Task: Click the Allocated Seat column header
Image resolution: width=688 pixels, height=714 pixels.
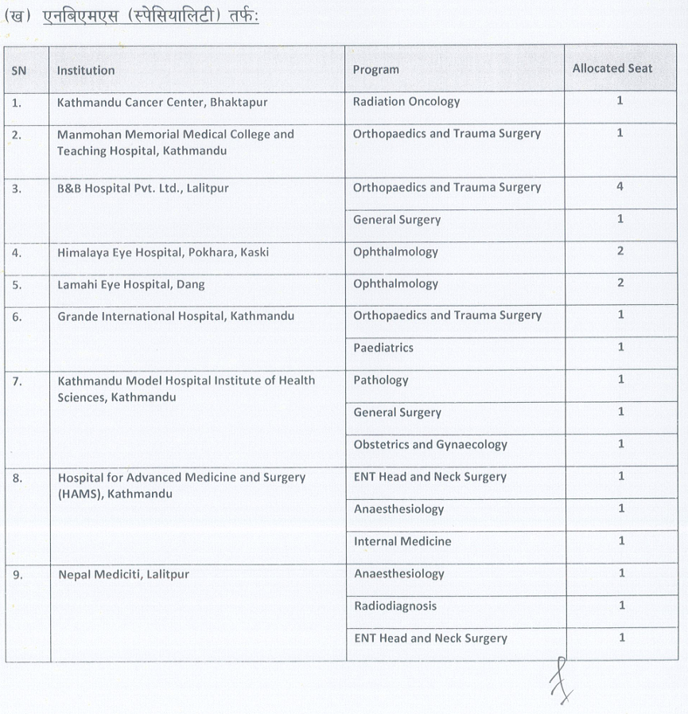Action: coord(612,68)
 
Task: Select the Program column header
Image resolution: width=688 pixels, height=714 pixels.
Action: coord(375,70)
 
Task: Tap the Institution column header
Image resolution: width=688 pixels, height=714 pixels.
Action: coord(86,70)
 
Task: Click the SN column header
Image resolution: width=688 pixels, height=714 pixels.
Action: coord(19,70)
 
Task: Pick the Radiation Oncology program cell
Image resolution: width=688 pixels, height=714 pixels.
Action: coord(406,102)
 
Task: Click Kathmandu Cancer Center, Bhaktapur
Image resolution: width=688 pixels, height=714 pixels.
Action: coord(162,102)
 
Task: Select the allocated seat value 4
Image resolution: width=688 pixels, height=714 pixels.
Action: coord(620,187)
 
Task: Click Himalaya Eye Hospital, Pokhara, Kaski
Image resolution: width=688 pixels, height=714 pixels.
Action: coord(163,252)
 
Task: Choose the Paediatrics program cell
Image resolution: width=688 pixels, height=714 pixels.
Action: coord(383,348)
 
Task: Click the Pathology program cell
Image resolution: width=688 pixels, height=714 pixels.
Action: coord(380,380)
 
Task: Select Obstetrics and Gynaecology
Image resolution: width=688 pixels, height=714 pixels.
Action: coord(430,445)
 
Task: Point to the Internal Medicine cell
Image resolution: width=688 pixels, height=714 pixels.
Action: coord(402,541)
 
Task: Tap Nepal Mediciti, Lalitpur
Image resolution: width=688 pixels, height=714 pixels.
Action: coord(123,574)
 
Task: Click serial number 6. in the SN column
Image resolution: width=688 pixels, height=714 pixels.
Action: coord(17,317)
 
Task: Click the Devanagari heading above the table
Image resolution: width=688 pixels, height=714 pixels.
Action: coord(135,18)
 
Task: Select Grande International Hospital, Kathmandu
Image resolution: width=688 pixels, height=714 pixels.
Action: coord(176,317)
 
